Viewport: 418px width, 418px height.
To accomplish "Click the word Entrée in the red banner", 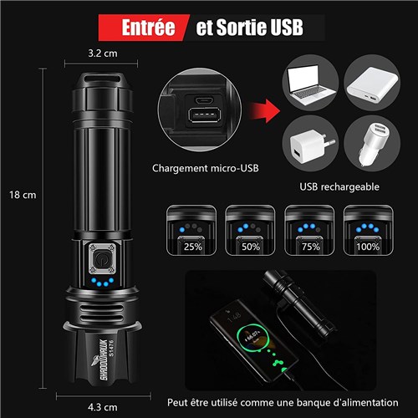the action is (x=148, y=28).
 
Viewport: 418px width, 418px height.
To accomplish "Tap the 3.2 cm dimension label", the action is (x=103, y=54).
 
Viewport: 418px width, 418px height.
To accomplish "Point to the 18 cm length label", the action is (x=23, y=195).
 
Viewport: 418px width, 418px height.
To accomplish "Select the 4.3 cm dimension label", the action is (x=103, y=407).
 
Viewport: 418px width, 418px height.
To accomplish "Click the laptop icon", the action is (x=311, y=83).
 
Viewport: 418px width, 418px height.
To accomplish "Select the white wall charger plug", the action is (x=311, y=145).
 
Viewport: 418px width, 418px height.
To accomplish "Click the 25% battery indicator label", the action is (x=193, y=247).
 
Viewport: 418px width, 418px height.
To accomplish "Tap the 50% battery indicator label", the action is (x=251, y=247).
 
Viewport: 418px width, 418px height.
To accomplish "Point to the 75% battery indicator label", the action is (x=311, y=247).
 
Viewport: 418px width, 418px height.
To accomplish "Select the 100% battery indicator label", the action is (x=368, y=247).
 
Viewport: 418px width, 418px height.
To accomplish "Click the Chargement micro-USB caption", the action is (x=206, y=168).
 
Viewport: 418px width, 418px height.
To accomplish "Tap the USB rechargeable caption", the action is (x=339, y=186).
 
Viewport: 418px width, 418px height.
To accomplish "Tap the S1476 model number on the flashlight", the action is (x=111, y=348).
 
